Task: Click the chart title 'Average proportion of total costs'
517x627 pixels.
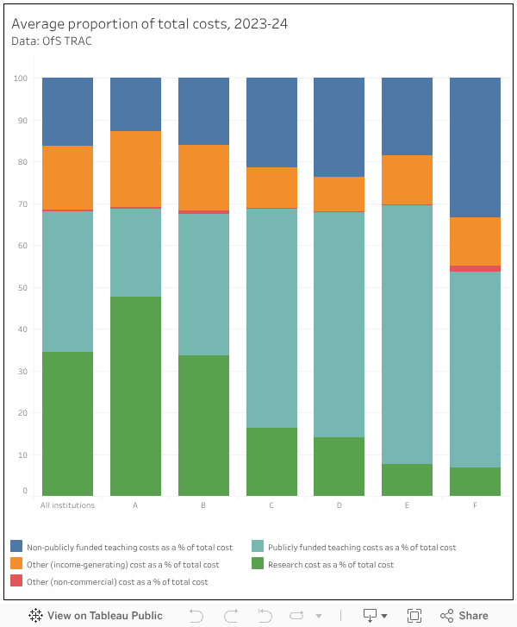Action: (149, 24)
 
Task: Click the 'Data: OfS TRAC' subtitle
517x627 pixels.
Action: (52, 41)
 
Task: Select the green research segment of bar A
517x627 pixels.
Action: (135, 396)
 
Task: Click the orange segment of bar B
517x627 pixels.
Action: (203, 177)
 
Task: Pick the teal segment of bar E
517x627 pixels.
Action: (407, 334)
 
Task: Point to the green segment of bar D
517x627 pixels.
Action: (339, 466)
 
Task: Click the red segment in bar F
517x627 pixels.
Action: (475, 268)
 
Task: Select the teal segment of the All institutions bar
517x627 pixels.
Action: (67, 281)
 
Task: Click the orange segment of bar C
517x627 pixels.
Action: (271, 187)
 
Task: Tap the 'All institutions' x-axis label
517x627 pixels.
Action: (67, 505)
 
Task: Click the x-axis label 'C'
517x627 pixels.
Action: (271, 505)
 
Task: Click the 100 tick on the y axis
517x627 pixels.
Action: (22, 78)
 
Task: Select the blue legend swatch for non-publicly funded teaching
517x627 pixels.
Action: (16, 547)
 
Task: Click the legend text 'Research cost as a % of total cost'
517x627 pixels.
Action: (331, 565)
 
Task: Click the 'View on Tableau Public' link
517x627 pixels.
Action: (96, 616)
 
